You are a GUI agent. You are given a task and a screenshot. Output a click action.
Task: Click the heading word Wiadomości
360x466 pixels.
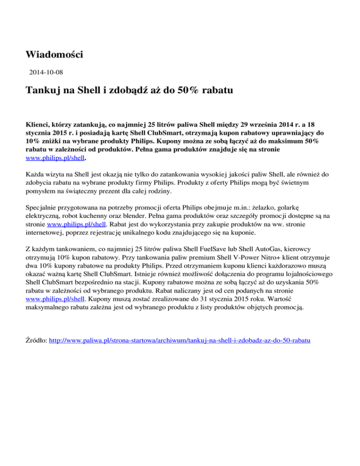(54, 55)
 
